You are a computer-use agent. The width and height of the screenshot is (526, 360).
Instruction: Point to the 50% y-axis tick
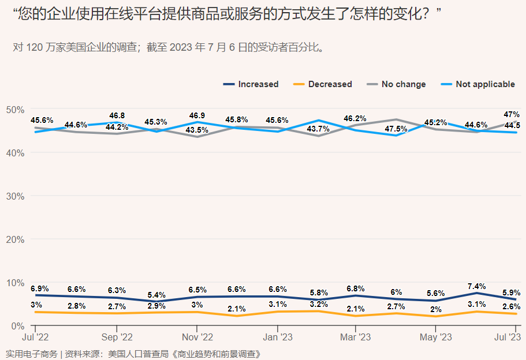tap(15, 110)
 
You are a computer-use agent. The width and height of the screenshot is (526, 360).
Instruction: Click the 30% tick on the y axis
tap(15, 196)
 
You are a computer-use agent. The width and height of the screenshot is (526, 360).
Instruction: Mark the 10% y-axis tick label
tap(15, 283)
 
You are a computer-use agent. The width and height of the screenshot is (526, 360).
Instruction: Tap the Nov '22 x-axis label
tap(197, 337)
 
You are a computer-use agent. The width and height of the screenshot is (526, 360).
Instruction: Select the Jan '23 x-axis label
tap(278, 337)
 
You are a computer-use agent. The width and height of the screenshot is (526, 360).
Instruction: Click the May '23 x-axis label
tap(435, 337)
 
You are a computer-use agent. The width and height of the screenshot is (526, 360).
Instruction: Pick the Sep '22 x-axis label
tap(117, 337)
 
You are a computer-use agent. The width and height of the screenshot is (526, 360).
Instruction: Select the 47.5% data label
tap(396, 129)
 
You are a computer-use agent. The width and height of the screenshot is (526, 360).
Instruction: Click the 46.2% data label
tap(355, 119)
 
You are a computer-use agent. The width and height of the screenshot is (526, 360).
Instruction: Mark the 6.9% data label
tap(39, 288)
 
